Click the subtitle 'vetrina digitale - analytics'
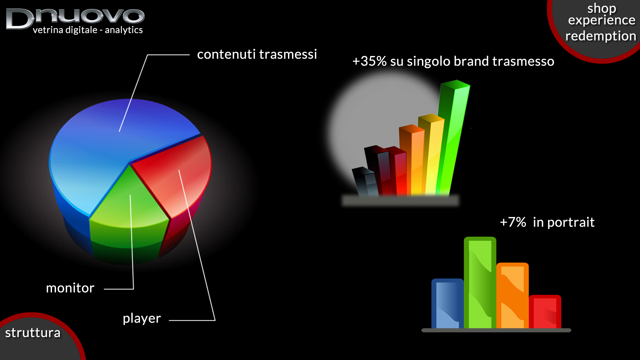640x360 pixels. pyautogui.click(x=88, y=30)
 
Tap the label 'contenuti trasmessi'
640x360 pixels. pyautogui.click(x=257, y=54)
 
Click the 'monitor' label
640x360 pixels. pyautogui.click(x=70, y=288)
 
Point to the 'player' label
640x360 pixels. pyautogui.click(x=142, y=319)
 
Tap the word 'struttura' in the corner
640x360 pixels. pyautogui.click(x=33, y=333)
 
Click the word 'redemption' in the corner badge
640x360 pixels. pyautogui.click(x=601, y=36)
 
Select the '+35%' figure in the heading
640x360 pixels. pyautogui.click(x=369, y=61)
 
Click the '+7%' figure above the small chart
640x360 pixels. pyautogui.click(x=513, y=222)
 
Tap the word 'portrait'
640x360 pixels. pyautogui.click(x=571, y=223)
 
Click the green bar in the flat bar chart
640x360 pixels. pyautogui.click(x=480, y=283)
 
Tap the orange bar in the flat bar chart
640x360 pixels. pyautogui.click(x=512, y=296)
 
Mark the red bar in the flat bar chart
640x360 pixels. pyautogui.click(x=545, y=312)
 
